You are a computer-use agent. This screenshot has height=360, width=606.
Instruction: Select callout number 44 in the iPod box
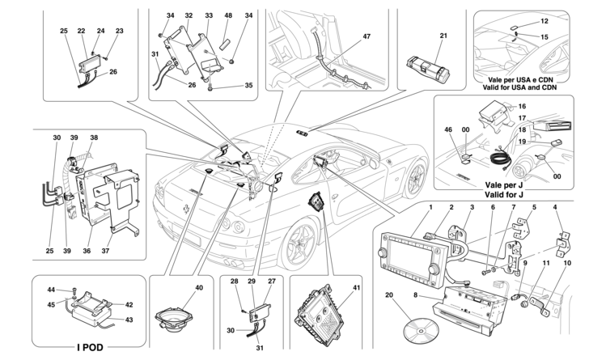50,289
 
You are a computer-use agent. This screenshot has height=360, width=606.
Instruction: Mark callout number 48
229,15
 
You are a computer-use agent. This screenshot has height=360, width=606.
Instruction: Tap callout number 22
82,32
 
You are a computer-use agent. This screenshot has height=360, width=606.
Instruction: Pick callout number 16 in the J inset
522,106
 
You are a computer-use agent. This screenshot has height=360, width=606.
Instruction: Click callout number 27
271,281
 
